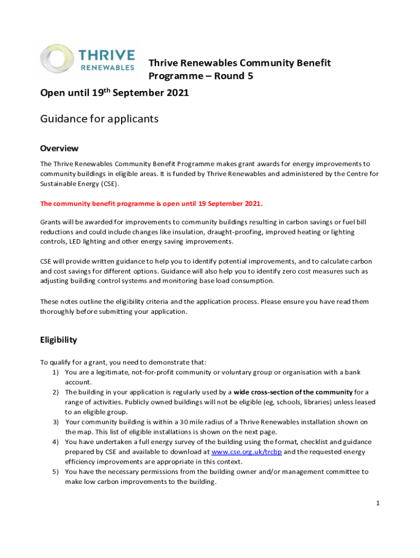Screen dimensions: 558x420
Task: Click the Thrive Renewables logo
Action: click(x=88, y=59)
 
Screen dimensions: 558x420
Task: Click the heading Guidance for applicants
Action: click(x=99, y=118)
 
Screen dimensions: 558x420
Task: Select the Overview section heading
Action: click(x=59, y=148)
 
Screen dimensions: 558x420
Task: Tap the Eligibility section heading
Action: click(x=58, y=340)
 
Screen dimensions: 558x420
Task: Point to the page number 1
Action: click(x=377, y=502)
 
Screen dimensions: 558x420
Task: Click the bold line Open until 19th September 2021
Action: click(x=115, y=93)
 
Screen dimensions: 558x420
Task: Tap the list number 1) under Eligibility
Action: click(x=56, y=372)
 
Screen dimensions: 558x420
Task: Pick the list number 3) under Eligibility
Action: click(x=56, y=422)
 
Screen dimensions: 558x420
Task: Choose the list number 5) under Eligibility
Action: click(x=56, y=472)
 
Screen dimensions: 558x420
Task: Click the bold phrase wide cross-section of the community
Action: click(x=293, y=392)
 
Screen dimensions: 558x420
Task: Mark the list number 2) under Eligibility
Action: click(x=56, y=392)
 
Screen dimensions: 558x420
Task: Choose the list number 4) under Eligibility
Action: click(x=56, y=442)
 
